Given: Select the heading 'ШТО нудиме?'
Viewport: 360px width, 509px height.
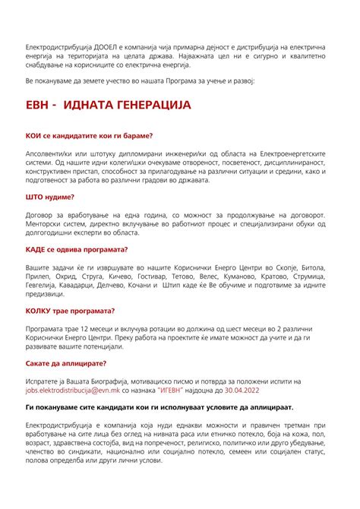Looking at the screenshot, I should [x=50, y=197].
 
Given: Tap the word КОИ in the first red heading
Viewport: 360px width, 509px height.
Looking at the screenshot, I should [x=34, y=136].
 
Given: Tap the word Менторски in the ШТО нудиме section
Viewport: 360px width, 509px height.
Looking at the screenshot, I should [x=47, y=226].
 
